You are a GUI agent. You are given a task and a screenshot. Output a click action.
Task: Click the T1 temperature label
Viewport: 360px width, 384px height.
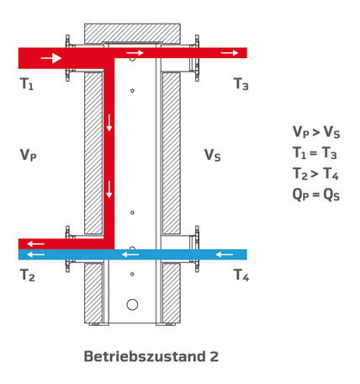pos(27,84)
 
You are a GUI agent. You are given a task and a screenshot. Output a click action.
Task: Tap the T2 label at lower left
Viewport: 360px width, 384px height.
pos(28,275)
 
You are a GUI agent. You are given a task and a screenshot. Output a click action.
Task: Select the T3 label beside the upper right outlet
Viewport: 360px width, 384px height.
pos(241,84)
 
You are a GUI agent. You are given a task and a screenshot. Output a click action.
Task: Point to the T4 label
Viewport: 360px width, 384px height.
pos(241,275)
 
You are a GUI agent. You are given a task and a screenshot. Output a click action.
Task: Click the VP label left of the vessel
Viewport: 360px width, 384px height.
pos(29,155)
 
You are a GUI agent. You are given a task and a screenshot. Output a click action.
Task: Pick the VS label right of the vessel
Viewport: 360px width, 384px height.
pos(213,155)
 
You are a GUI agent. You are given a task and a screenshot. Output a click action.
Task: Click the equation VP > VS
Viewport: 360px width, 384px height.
pos(316,132)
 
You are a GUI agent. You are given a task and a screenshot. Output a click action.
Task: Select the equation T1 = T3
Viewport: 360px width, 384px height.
pos(315,153)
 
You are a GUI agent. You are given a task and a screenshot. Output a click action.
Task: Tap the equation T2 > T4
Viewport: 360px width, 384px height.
pos(315,174)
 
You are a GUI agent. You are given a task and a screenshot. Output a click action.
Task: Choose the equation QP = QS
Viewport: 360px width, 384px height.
pos(316,195)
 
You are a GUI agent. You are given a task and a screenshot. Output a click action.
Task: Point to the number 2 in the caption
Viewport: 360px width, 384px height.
pos(214,356)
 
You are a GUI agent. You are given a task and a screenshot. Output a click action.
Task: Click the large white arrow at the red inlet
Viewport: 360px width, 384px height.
pos(51,58)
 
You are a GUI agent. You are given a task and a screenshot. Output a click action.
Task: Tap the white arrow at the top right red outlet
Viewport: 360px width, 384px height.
pos(230,52)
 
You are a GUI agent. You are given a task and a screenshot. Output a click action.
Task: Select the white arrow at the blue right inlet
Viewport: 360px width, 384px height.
pos(225,254)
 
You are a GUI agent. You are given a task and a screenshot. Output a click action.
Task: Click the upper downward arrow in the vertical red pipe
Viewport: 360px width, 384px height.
pos(109,123)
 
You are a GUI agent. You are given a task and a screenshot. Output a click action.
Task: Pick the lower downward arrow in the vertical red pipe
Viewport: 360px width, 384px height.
pos(109,189)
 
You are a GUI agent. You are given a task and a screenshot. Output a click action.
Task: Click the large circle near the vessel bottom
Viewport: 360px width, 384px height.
pos(132,305)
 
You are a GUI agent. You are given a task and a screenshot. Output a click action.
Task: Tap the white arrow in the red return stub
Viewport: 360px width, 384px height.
pos(36,244)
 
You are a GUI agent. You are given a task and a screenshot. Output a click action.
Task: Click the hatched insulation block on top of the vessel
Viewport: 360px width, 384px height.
pos(132,34)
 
